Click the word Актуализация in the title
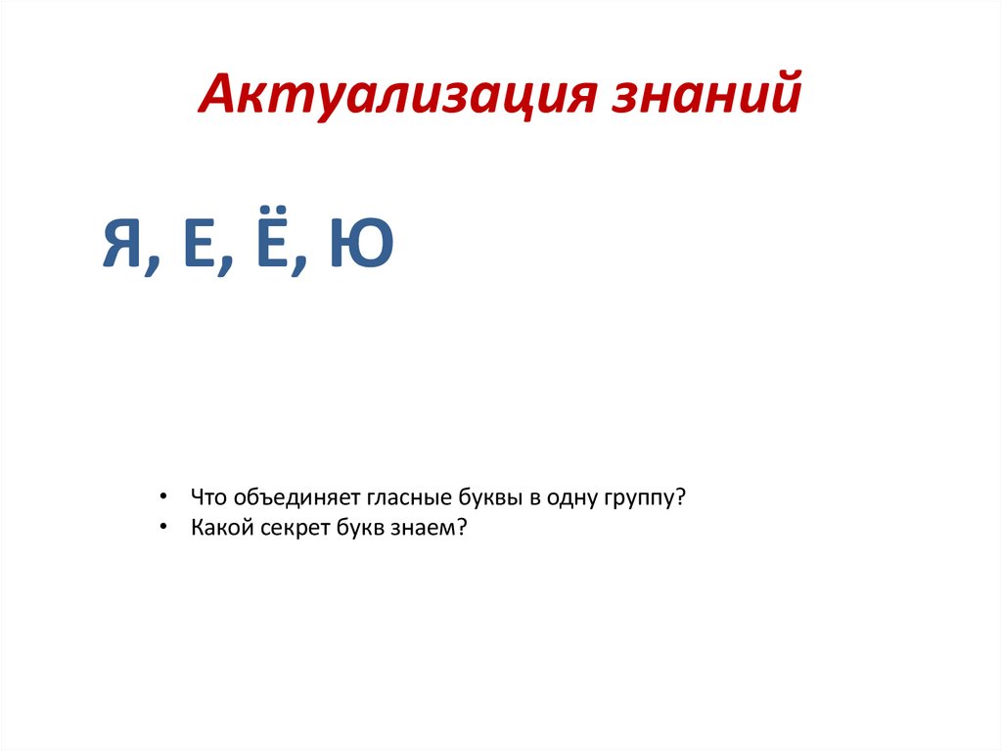tap(396, 97)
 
